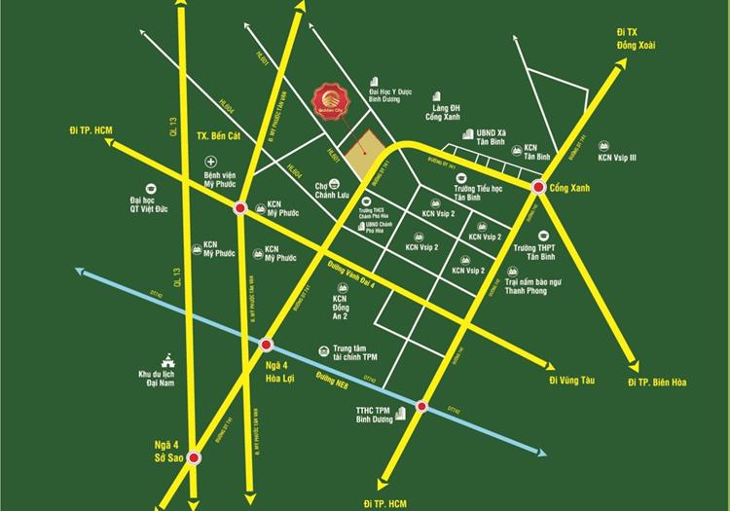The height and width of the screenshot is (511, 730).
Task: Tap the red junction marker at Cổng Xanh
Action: (537, 186)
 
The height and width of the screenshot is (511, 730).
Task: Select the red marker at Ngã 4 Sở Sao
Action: (195, 457)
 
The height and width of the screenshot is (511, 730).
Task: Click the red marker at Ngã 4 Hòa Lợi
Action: (266, 344)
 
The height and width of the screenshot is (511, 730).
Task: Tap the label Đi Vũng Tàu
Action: (568, 380)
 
